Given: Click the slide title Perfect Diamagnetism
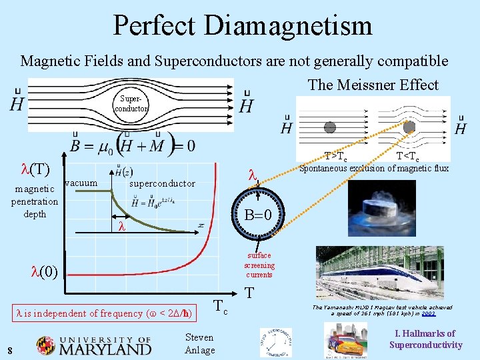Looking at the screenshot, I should pos(243,25).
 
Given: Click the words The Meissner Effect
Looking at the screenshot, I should pos(373,85).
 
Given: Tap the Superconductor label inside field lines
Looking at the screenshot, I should pos(131,104).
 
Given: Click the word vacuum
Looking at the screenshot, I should pos(83,182).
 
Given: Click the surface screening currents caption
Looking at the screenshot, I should pos(259,265).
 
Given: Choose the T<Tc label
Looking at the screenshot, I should pos(408,157).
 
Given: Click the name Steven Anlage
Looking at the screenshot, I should pos(199,344).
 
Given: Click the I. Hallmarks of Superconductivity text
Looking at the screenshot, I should pos(425,339).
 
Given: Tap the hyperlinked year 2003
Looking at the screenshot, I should pos(429,313).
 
